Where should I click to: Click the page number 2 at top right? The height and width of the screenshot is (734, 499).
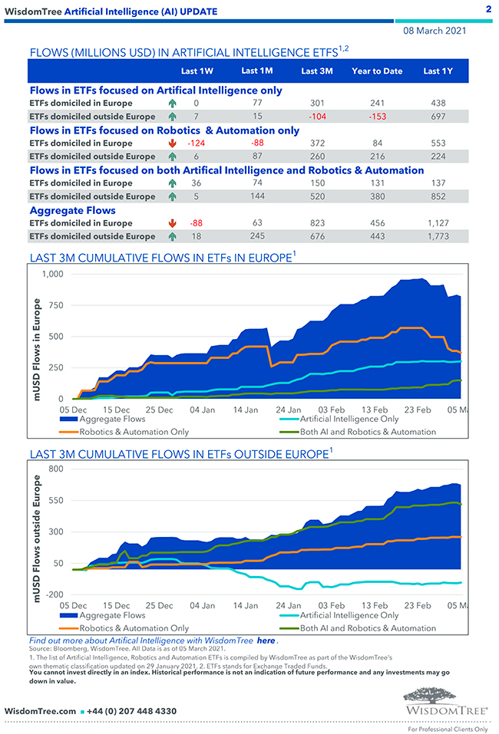click(488, 9)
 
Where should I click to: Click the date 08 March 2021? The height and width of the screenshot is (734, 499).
click(435, 31)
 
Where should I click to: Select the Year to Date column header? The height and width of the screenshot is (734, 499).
click(377, 71)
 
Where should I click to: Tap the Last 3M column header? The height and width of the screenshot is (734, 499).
click(316, 71)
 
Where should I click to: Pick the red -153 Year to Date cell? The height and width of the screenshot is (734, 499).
click(376, 116)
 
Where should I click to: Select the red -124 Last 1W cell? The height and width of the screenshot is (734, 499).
click(196, 143)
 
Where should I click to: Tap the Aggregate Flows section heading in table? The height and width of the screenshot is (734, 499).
click(73, 210)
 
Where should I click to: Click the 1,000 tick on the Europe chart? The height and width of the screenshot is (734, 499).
click(53, 275)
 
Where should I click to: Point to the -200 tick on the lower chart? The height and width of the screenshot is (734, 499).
click(55, 595)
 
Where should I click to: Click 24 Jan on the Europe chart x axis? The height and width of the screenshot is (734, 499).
click(289, 410)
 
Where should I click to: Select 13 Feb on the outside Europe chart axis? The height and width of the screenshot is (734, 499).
click(376, 605)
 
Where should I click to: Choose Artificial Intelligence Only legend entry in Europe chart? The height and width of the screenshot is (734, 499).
click(349, 420)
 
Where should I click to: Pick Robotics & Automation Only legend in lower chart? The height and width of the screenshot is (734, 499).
click(134, 628)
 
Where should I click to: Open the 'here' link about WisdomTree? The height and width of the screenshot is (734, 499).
click(266, 640)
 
